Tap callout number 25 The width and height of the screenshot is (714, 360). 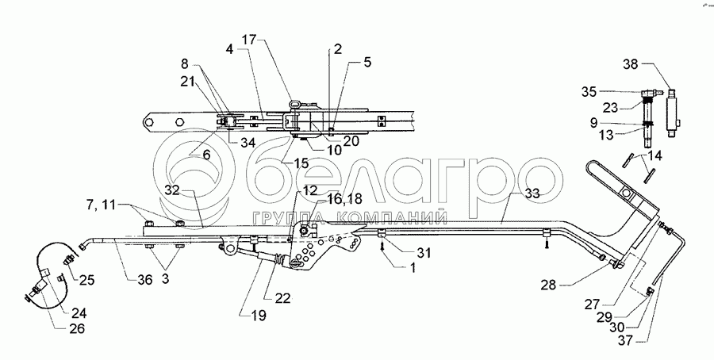pos(86,278)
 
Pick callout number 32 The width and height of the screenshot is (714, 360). pos(173,190)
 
